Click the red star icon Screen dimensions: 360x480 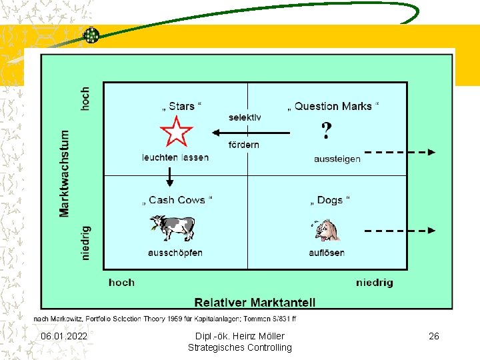[x=177, y=131]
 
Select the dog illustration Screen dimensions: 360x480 [x=327, y=230]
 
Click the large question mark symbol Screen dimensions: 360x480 [x=326, y=131]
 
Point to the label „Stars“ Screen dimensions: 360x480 [x=181, y=106]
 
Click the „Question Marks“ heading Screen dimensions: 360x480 [x=333, y=106]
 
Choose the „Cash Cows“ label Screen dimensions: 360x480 [x=177, y=200]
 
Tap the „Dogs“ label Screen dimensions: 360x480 [x=329, y=200]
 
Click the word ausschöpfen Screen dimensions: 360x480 [x=175, y=253]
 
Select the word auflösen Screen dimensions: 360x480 [x=327, y=253]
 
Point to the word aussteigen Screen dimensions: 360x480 [x=337, y=159]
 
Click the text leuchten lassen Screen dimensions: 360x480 [x=175, y=157]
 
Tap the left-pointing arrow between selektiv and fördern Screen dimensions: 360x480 [x=251, y=132]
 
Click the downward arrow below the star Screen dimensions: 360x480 [x=169, y=176]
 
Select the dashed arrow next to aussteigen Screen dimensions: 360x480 [x=400, y=152]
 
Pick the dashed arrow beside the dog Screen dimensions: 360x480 [x=400, y=231]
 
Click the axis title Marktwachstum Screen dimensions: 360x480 [x=65, y=172]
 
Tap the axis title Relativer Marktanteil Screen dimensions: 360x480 [x=255, y=302]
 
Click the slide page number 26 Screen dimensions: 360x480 [x=434, y=336]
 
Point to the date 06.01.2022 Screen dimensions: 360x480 [x=64, y=336]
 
